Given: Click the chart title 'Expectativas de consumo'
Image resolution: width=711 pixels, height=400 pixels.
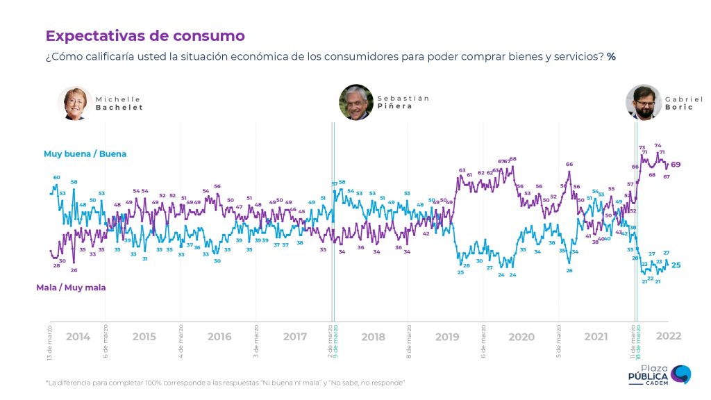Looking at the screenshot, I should (145, 35).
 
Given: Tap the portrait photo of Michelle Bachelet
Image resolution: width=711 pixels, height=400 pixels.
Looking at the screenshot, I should (75, 103).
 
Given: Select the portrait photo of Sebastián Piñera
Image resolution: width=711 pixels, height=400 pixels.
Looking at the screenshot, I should (356, 102).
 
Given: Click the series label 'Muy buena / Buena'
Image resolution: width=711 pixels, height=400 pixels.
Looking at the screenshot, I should (85, 153).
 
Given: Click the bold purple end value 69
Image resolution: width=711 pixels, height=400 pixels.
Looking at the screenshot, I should (676, 164).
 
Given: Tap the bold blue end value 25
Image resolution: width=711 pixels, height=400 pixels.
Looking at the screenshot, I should (676, 265).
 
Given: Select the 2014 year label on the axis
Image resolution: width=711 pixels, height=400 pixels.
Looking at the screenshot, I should (78, 337).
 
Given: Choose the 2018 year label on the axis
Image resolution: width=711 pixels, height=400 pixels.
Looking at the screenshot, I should (373, 337).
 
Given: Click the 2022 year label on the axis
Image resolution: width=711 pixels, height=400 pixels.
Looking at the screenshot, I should (669, 336).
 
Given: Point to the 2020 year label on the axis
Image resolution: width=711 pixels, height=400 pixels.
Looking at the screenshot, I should (521, 337).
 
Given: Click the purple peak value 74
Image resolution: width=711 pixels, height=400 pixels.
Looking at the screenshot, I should (658, 145).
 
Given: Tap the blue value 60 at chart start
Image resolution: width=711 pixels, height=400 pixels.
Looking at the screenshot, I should (57, 178).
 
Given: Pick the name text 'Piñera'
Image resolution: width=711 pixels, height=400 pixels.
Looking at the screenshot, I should (395, 106).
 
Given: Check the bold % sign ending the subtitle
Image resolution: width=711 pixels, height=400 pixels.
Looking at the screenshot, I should (611, 56).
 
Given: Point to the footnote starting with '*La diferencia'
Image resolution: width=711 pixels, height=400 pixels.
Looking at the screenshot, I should (225, 383).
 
